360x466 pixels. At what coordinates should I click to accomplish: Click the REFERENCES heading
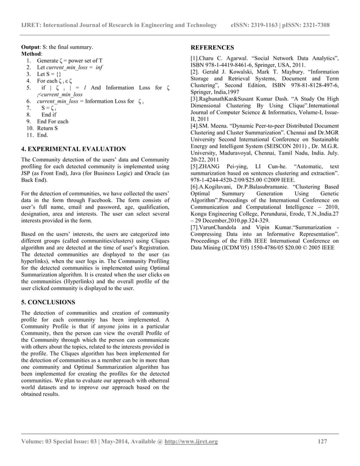[212, 47]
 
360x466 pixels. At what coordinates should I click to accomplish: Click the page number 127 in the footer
[322, 441]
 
